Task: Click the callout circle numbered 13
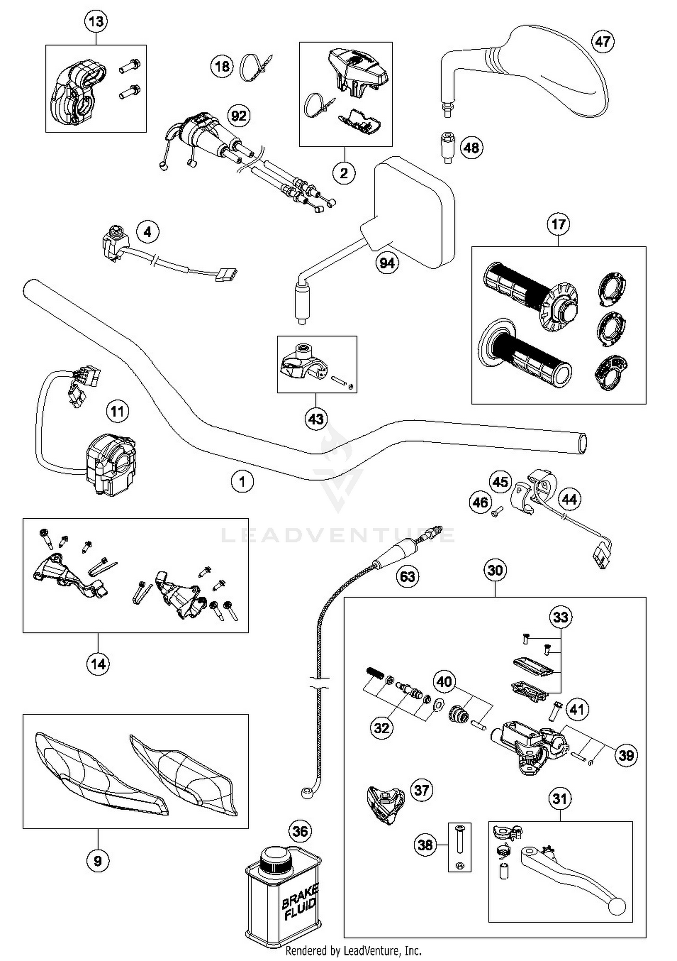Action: [96, 22]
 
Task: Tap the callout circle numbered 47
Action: [603, 42]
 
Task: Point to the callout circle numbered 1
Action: [242, 482]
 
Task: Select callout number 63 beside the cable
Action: [408, 577]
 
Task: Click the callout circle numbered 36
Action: [301, 831]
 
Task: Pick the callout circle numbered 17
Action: [558, 225]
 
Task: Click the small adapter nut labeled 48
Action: [447, 147]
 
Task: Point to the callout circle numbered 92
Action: [239, 116]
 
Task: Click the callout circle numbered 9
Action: [98, 861]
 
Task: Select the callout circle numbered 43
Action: [316, 419]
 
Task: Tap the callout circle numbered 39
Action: [626, 755]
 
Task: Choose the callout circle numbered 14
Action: [98, 664]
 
